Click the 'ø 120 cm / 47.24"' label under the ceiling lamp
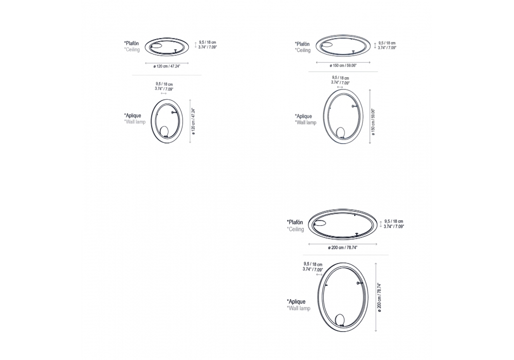(x=167, y=66)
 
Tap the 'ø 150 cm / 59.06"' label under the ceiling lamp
(x=343, y=66)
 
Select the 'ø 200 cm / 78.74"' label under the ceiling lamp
(x=342, y=247)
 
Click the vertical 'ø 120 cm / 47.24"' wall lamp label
(x=193, y=119)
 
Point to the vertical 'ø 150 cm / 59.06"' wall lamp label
(x=373, y=122)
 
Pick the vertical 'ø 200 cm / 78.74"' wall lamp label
(x=379, y=298)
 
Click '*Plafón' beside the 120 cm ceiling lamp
(x=132, y=43)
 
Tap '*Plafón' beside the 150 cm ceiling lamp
(x=302, y=44)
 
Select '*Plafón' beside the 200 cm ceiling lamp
(x=295, y=222)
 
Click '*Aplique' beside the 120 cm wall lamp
(x=133, y=115)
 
